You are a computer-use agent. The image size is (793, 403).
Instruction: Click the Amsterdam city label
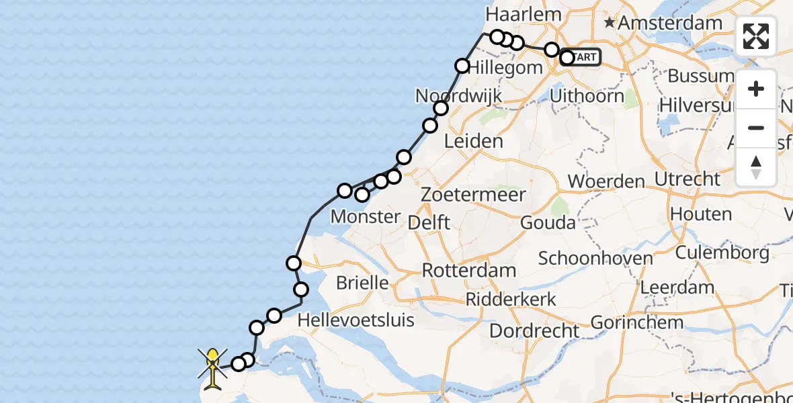[x=661, y=23]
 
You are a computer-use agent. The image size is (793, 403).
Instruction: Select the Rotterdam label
[x=469, y=271]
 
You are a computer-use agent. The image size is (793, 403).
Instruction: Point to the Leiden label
[x=474, y=142]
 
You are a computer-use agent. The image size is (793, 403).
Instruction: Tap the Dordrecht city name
[x=534, y=331]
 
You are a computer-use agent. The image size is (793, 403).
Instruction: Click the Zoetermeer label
[x=473, y=195]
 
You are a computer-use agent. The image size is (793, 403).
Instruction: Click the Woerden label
[x=606, y=181]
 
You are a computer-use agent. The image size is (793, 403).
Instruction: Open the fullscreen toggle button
[x=756, y=36]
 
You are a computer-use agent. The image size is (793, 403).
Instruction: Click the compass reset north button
[x=756, y=167]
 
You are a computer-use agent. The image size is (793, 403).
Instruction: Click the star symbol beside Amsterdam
[x=610, y=24]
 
